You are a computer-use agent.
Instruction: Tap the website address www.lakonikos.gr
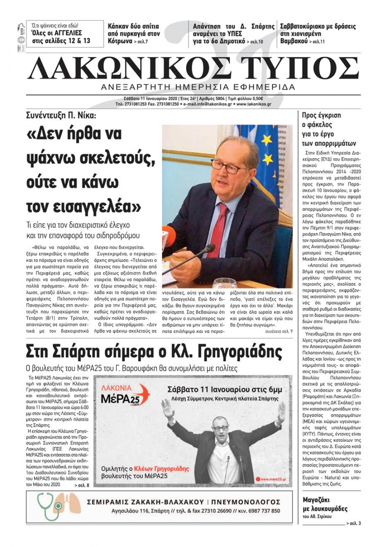[x=253, y=104]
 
